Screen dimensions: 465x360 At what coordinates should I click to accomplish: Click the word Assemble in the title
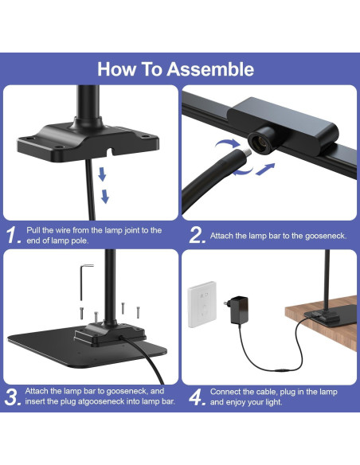click(x=210, y=68)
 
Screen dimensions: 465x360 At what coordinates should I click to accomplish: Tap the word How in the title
click(x=115, y=68)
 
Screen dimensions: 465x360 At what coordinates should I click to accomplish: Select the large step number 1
click(x=11, y=235)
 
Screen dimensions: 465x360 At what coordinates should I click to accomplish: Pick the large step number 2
click(x=196, y=235)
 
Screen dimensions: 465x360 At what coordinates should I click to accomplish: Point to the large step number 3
click(x=11, y=397)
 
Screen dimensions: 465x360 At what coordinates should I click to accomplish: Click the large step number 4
click(x=196, y=397)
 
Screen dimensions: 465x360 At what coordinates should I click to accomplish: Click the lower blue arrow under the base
click(x=104, y=196)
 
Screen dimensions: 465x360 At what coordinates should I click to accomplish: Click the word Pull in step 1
click(x=34, y=230)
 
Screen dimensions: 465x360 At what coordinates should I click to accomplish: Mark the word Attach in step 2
click(x=223, y=236)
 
